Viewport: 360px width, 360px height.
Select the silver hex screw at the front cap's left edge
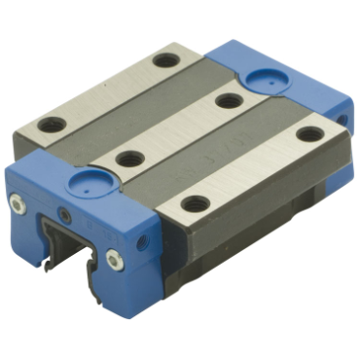tap(17, 203)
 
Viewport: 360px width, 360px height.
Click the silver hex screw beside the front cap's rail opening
tap(115, 258)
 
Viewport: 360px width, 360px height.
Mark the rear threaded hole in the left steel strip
tap(166, 60)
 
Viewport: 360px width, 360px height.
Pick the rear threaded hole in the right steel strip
tap(309, 134)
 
